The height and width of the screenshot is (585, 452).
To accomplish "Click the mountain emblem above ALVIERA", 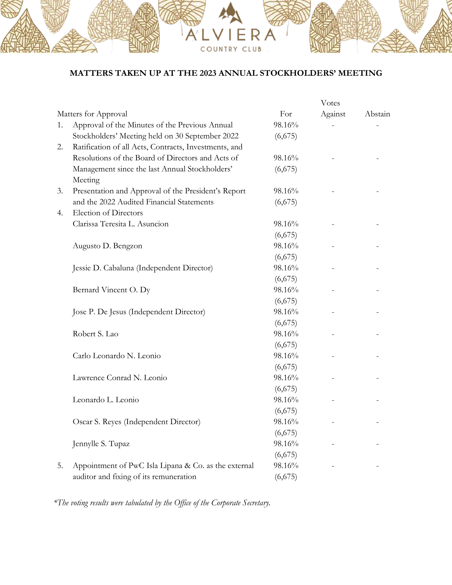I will point(230,13).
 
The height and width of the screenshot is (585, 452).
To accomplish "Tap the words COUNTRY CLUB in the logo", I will point(231,49).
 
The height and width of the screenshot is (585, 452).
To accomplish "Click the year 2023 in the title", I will point(208,73).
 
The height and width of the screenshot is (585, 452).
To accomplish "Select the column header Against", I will point(333,114).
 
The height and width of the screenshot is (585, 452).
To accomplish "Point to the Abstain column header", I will point(377,114).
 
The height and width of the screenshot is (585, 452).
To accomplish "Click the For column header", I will point(286,114).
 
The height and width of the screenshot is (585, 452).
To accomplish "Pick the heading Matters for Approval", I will point(92,114).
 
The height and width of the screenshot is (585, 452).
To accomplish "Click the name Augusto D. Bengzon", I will point(107,246).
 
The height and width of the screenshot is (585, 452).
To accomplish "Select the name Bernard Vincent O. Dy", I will point(111,290).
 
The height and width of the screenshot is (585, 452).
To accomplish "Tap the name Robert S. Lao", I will point(95,334).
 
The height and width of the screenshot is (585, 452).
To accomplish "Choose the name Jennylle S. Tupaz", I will point(101,444).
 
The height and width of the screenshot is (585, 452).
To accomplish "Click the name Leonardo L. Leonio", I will point(106,400).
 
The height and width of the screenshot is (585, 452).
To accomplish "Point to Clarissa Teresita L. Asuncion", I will point(120,224).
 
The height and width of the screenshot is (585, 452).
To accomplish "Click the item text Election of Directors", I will point(108,213).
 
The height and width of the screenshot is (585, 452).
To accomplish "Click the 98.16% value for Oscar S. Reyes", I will point(286,422).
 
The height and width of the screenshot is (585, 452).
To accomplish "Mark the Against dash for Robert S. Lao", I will point(333,334).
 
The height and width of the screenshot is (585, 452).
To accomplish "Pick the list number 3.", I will point(60,191).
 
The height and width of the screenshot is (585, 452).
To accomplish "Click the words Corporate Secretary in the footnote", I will point(240,503).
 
